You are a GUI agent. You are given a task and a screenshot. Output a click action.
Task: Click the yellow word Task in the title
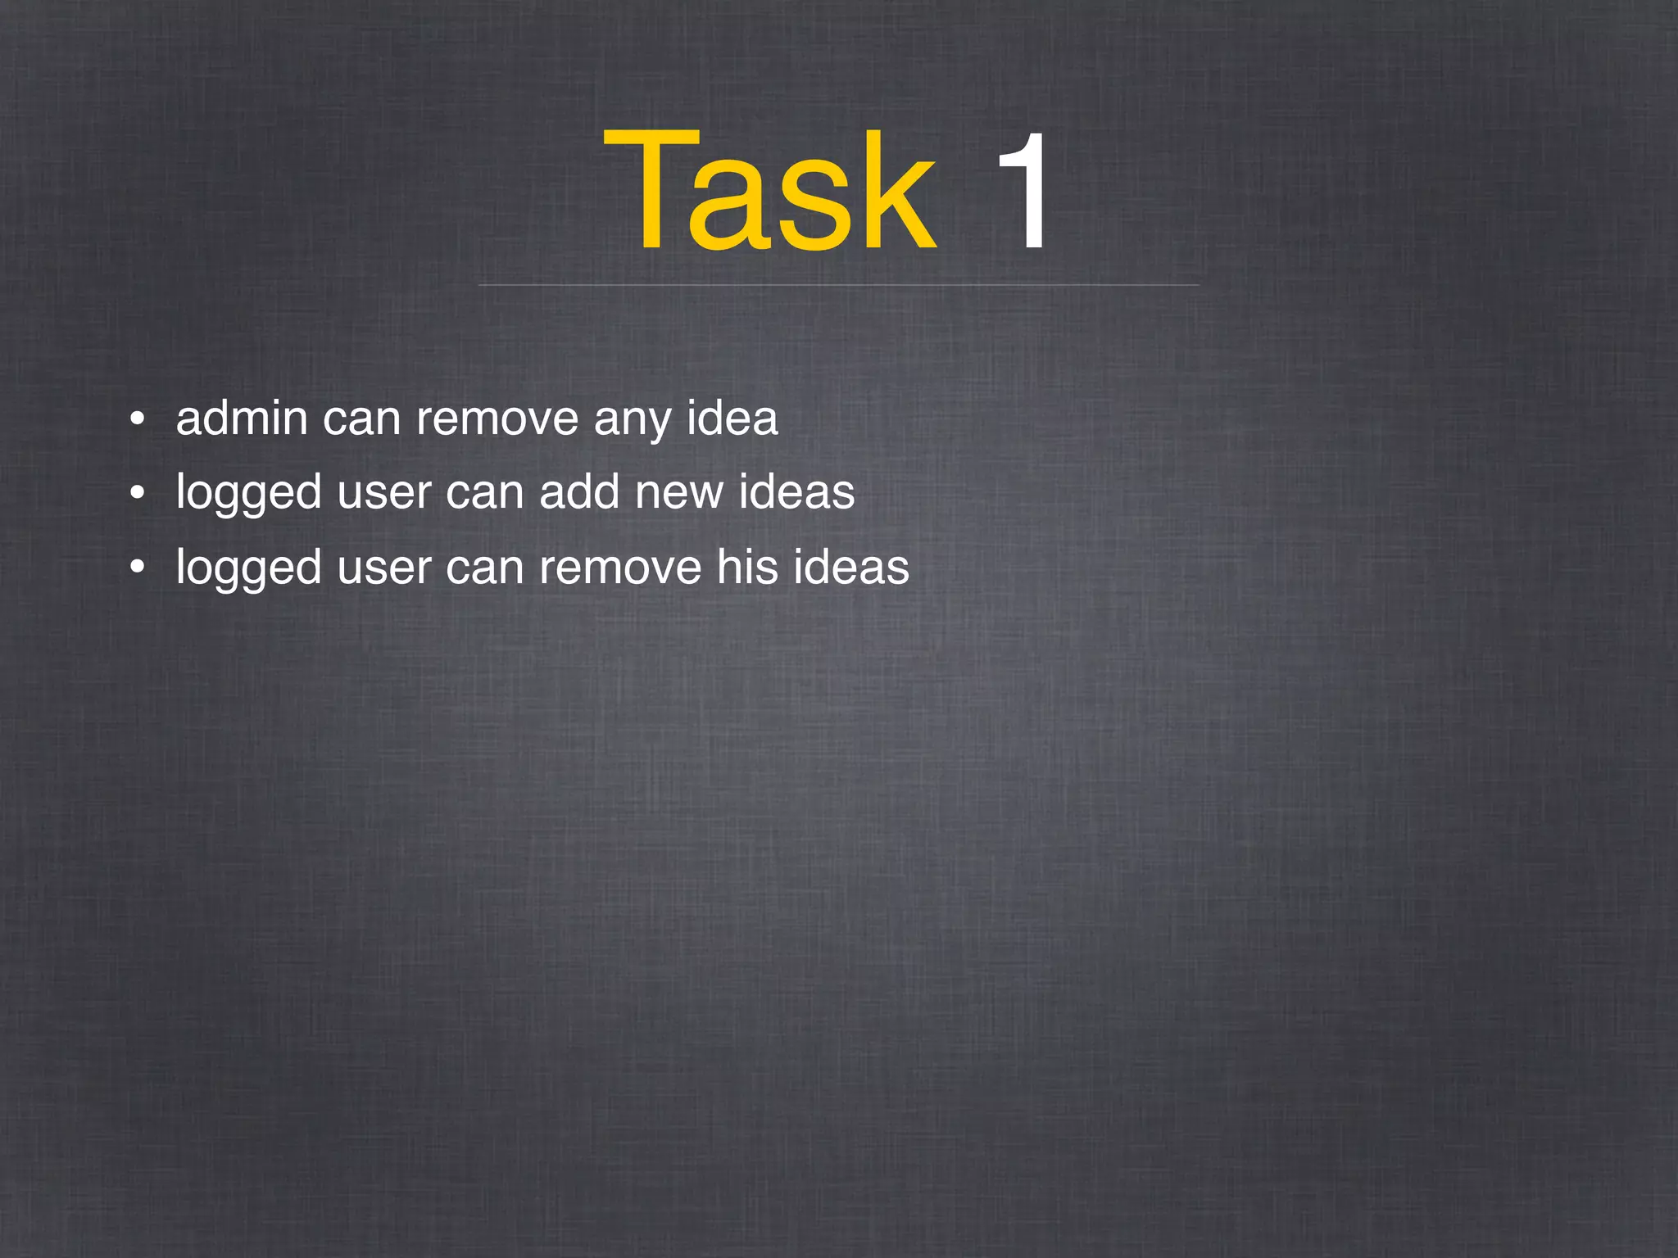click(770, 192)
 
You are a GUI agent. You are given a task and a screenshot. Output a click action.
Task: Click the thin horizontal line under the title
click(838, 285)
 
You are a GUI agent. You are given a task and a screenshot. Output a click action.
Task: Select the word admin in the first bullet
click(242, 419)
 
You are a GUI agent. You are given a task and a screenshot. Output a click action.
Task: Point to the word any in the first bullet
click(632, 420)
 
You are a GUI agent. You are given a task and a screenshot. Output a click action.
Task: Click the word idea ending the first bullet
click(732, 419)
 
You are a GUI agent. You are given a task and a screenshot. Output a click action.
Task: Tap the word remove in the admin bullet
click(497, 419)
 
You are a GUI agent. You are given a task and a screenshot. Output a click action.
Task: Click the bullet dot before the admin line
click(138, 420)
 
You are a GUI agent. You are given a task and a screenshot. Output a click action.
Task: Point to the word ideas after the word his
click(850, 567)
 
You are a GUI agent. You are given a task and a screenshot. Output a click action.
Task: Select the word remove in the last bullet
click(620, 567)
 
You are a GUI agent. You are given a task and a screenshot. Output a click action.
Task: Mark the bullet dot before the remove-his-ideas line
click(138, 567)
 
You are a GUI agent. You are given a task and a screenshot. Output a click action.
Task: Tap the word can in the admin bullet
click(361, 420)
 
